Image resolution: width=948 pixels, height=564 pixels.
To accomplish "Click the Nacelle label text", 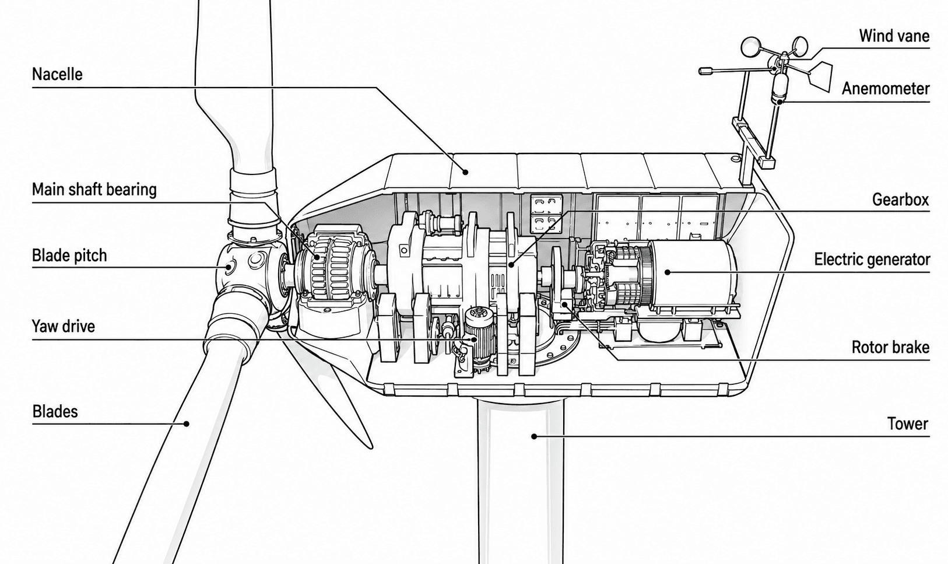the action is (x=57, y=75).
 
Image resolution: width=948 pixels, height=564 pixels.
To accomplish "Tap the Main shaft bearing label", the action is (x=94, y=190).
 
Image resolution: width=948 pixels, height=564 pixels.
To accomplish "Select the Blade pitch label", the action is (x=69, y=255).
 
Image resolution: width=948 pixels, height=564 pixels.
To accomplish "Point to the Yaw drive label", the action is (x=64, y=327).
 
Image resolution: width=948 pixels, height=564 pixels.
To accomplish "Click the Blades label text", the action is (x=55, y=412).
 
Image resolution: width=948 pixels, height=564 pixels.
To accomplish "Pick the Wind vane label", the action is (x=894, y=36).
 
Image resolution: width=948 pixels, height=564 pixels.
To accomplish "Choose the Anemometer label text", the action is (x=886, y=89).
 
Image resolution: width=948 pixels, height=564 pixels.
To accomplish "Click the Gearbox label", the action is (x=901, y=199).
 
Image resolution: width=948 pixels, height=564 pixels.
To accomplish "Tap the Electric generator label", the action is (x=872, y=260).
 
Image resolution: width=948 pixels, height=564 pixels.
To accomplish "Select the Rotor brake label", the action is (x=890, y=347).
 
